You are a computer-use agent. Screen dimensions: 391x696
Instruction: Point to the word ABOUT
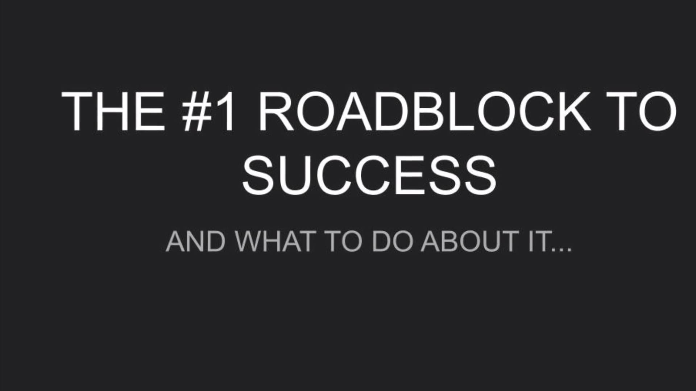[x=469, y=241]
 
